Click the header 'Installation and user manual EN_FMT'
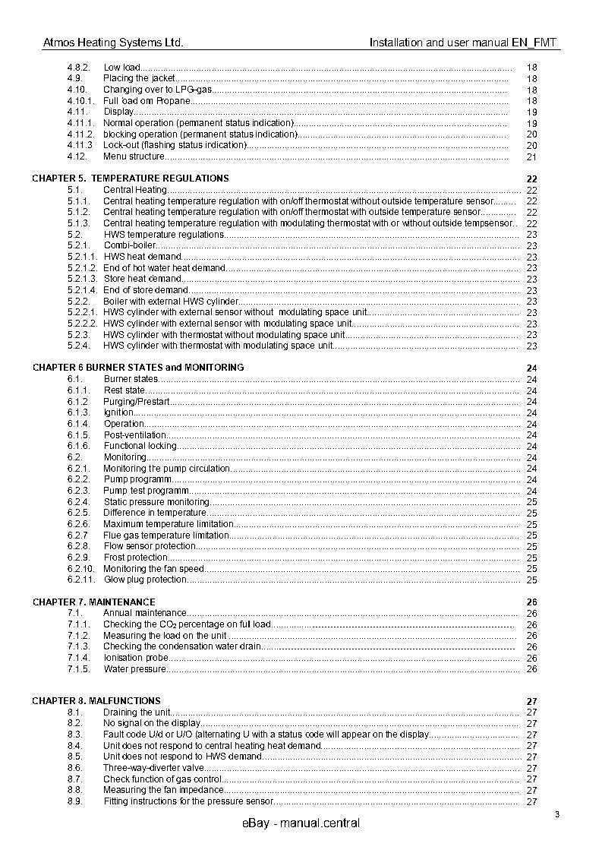(x=464, y=43)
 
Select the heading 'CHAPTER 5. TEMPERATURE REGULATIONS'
(x=130, y=178)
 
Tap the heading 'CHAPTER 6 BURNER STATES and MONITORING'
(x=137, y=368)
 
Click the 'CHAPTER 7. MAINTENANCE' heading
(x=93, y=602)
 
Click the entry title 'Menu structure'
(x=134, y=156)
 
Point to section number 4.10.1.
(x=80, y=101)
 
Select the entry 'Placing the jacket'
(x=139, y=78)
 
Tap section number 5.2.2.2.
(x=82, y=324)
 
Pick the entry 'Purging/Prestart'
(x=137, y=401)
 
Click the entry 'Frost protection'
(x=136, y=558)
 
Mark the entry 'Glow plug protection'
(x=145, y=580)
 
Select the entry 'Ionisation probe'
(x=136, y=658)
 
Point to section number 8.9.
(x=74, y=801)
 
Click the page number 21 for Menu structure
(x=531, y=157)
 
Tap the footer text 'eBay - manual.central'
(x=301, y=824)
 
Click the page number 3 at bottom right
(x=556, y=816)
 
